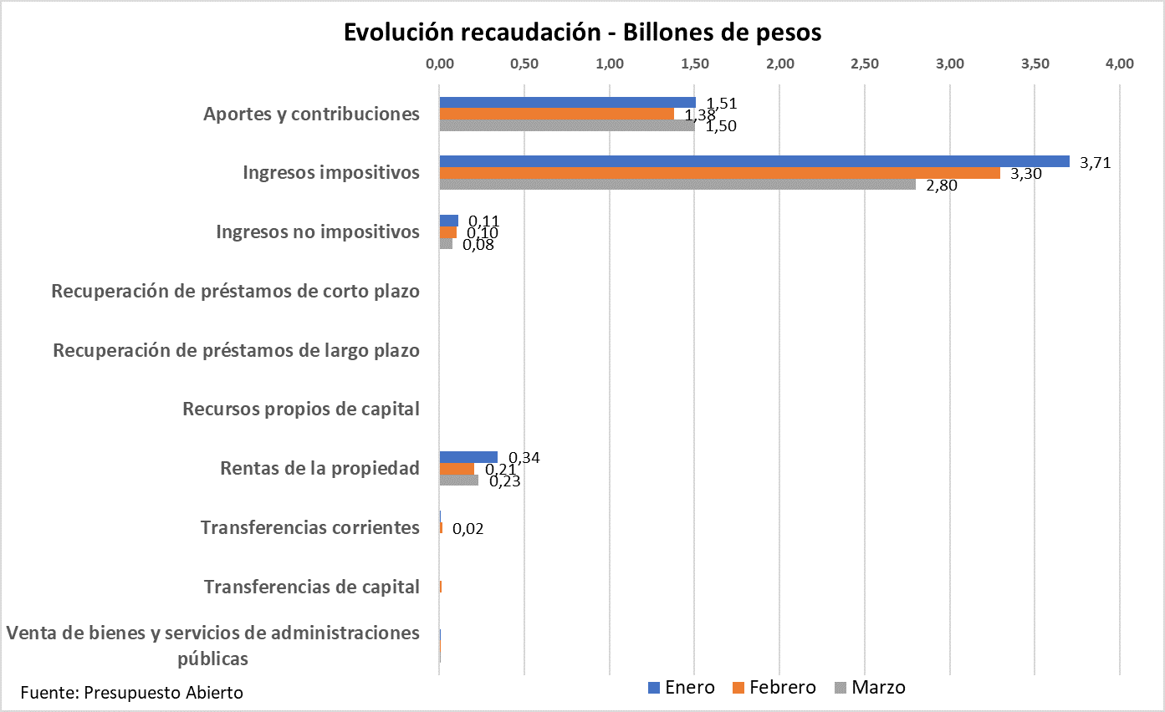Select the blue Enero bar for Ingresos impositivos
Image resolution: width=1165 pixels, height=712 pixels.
tap(754, 161)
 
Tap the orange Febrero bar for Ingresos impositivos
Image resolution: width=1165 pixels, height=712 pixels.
tap(719, 173)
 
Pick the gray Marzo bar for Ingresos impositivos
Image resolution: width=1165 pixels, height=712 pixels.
tap(677, 185)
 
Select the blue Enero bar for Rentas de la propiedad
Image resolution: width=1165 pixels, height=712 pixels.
tap(468, 457)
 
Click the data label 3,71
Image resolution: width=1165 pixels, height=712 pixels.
tap(1095, 163)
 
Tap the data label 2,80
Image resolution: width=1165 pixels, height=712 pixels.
tap(942, 186)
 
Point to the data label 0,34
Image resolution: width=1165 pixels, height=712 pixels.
tap(523, 458)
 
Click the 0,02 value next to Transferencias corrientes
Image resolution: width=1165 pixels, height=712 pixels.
tap(468, 529)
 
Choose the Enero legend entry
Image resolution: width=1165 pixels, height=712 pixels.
tap(682, 688)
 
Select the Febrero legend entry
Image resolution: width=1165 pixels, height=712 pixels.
tap(773, 688)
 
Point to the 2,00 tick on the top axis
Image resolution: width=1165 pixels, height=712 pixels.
tap(779, 64)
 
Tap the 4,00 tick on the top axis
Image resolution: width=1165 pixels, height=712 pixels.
tap(1119, 64)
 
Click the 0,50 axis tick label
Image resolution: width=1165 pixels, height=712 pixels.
tap(524, 64)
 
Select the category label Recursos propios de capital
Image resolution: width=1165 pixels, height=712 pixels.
tap(300, 409)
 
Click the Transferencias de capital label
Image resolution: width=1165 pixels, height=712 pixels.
tap(311, 587)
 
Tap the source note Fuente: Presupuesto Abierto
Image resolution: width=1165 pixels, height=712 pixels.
tap(132, 693)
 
